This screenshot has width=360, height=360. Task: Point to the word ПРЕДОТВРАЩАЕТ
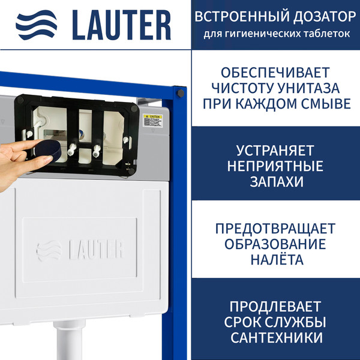pyautogui.click(x=277, y=229)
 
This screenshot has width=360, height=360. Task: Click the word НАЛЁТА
pyautogui.click(x=277, y=260)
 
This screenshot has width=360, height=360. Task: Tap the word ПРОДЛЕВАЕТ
pyautogui.click(x=277, y=306)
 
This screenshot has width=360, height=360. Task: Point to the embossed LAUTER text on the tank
pyautogui.click(x=80, y=248)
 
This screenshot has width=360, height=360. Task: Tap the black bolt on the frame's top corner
pyautogui.click(x=178, y=92)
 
